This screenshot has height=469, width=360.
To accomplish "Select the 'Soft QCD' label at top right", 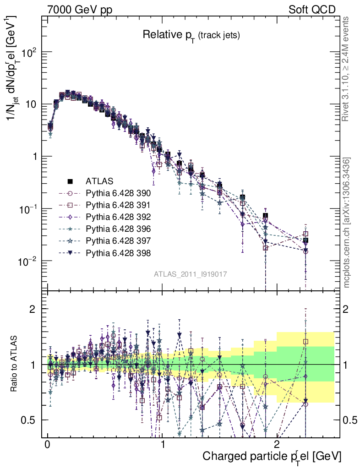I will click(x=312, y=10).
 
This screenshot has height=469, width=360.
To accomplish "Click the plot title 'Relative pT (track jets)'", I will click(x=191, y=35).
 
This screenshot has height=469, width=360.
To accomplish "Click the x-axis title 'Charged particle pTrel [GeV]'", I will click(x=272, y=456).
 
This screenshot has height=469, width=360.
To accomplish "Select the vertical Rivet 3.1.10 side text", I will click(x=346, y=69).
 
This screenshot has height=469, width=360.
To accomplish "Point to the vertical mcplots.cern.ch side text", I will click(x=346, y=222).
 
